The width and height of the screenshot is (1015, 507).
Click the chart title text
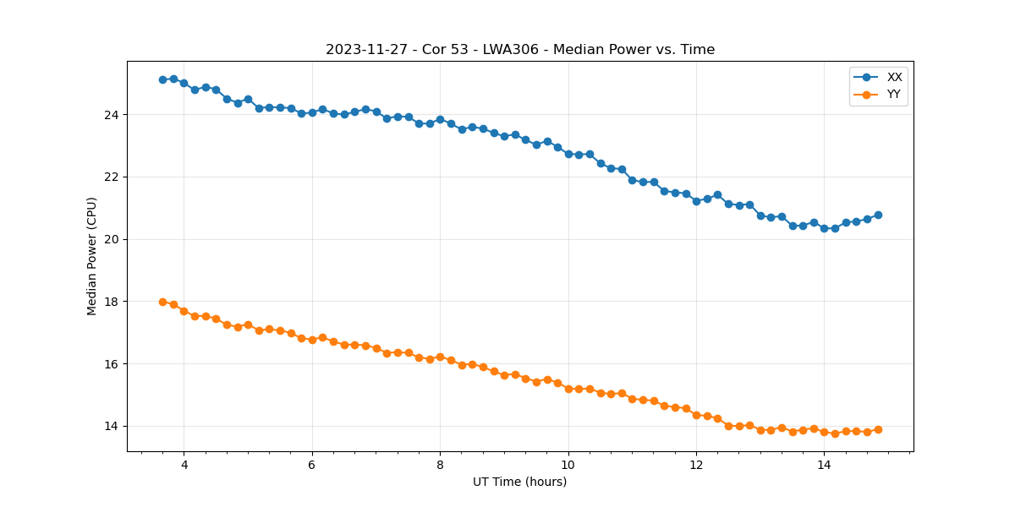520,50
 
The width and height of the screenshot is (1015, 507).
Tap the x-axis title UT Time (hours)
520,482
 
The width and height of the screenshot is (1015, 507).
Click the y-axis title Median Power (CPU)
92,256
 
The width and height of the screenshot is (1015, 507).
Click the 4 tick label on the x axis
184,465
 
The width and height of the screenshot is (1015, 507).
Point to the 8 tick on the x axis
440,465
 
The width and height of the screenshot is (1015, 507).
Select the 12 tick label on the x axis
696,465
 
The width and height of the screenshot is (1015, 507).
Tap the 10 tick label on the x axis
568,465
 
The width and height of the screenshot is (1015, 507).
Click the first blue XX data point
162,79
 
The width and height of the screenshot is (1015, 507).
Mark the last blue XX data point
878,215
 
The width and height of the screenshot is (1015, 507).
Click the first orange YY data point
162,302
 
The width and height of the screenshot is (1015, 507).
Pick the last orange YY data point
878,429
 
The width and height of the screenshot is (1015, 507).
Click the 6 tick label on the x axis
312,465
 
